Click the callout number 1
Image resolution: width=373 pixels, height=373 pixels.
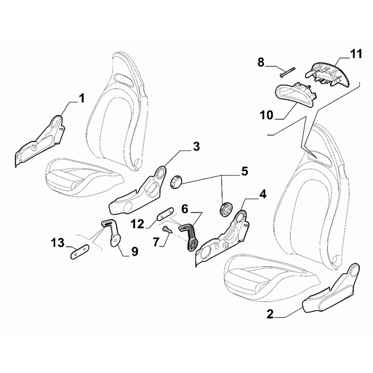coord(81,98)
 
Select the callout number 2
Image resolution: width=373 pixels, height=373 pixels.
coord(270,314)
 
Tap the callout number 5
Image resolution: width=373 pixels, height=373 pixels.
coord(245,171)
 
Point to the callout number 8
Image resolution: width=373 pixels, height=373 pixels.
coord(261,62)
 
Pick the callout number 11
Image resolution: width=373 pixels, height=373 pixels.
coord(357,54)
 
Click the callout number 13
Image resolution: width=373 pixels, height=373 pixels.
coord(58,243)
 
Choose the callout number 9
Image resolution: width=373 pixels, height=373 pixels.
coord(134,251)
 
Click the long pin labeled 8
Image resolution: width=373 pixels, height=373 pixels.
coord(287,72)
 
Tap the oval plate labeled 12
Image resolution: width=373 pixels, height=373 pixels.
coord(166,213)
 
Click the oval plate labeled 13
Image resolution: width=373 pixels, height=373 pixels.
coord(80,251)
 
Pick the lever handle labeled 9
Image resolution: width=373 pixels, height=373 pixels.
coord(112,232)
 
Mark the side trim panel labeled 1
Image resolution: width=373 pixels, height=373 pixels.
coord(40,141)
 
